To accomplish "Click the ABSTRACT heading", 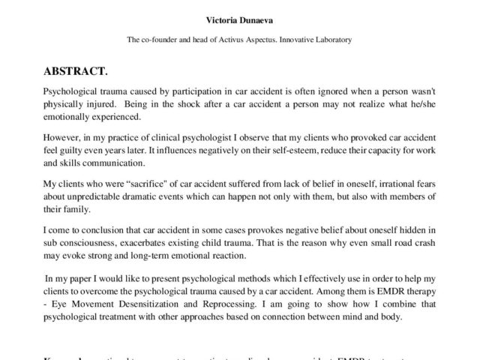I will [76, 72].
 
